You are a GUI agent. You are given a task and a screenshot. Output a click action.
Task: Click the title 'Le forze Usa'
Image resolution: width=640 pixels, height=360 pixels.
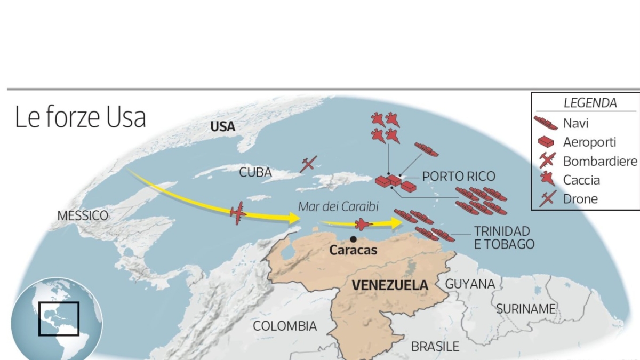click(80, 117)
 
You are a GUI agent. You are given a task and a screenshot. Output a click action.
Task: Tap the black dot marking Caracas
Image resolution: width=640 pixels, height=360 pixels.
click(353, 239)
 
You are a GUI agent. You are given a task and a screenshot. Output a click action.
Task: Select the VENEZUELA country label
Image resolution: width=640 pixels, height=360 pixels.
click(390, 285)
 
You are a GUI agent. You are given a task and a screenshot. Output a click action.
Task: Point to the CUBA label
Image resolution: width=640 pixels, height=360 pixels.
click(255, 173)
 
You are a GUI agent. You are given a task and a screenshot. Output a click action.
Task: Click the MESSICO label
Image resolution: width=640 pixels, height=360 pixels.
click(83, 216)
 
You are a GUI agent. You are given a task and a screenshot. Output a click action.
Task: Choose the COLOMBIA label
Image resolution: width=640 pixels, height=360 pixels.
click(285, 326)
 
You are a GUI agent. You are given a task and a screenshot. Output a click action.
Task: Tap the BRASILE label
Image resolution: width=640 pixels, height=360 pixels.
click(435, 347)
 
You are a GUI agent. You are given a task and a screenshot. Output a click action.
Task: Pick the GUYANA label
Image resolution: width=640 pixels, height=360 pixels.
click(470, 284)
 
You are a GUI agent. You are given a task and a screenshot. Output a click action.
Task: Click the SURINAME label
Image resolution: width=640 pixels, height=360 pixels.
click(526, 309)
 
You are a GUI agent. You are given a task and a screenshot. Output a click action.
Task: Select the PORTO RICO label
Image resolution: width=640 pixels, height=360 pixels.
click(459, 177)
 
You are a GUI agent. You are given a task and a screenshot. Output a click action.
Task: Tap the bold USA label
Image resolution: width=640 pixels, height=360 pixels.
click(223, 127)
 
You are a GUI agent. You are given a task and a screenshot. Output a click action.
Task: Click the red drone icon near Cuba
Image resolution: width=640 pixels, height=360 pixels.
click(308, 164)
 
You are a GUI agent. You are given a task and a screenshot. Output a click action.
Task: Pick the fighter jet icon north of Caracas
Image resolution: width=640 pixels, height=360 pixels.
click(363, 224)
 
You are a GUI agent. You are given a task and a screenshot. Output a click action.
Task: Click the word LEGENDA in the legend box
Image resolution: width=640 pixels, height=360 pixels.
click(590, 103)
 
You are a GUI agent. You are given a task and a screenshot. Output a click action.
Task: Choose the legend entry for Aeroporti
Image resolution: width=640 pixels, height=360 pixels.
click(589, 142)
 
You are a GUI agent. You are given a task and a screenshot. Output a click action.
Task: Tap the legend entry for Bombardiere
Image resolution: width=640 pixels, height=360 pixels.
click(600, 161)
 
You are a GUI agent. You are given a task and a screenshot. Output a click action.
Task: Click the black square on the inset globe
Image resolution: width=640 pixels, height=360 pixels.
click(59, 318)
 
